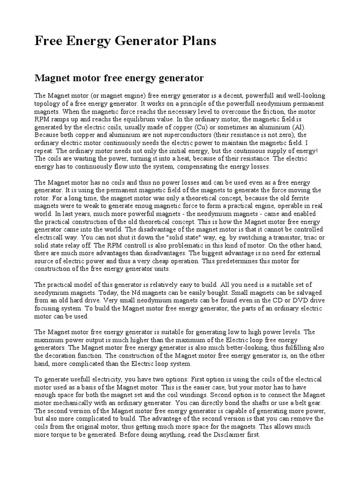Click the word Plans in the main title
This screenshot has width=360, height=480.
197,41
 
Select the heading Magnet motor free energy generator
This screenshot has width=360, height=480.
119,77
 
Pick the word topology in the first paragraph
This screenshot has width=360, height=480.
49,103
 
